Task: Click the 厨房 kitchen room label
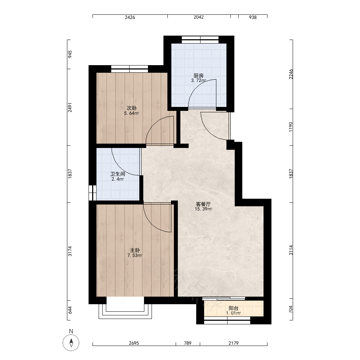click(x=199, y=76)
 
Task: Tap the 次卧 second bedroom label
click(x=132, y=108)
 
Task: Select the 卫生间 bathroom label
click(x=118, y=174)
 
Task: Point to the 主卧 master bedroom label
click(x=135, y=250)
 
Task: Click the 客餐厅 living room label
click(x=203, y=204)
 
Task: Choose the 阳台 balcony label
click(x=234, y=309)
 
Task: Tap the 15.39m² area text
click(x=203, y=209)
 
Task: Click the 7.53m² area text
click(x=135, y=255)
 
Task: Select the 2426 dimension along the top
click(x=130, y=17)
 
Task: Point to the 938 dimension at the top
click(x=253, y=17)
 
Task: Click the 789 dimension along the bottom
click(x=188, y=343)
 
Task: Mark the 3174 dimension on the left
click(x=70, y=251)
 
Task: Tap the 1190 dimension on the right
click(x=291, y=127)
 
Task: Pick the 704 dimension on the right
click(x=291, y=309)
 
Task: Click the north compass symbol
click(x=71, y=343)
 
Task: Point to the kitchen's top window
click(x=200, y=40)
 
